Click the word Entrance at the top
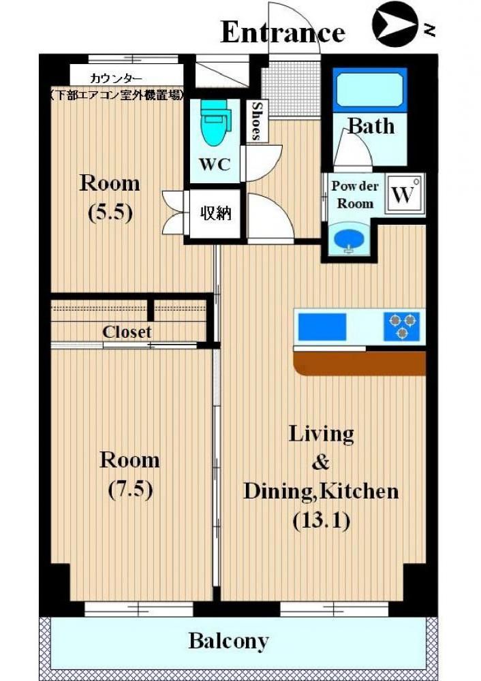[283, 32]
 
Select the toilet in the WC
[215, 122]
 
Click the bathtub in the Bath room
[370, 90]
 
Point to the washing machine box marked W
[404, 193]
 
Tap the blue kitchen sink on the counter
[322, 327]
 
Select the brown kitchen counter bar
[360, 364]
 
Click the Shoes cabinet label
[256, 121]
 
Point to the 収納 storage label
[215, 213]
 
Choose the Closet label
[127, 332]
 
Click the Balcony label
[229, 642]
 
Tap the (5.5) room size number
[110, 212]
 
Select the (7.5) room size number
[130, 490]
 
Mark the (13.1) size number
[322, 520]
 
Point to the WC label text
[215, 165]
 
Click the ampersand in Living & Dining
[321, 462]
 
